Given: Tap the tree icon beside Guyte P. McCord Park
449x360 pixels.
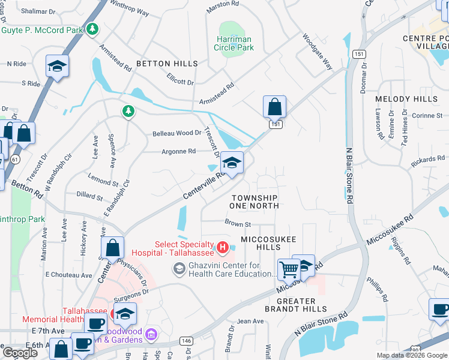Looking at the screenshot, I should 92,28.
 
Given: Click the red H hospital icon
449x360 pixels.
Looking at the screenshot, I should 223,247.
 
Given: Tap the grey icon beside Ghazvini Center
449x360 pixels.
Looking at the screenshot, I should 179,269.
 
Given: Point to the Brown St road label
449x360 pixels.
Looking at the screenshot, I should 237,224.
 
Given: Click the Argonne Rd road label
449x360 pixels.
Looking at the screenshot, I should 178,152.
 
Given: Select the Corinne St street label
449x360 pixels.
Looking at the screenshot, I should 427,115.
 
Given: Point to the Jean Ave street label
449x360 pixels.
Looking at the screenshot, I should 250,322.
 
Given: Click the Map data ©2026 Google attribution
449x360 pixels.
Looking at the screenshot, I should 412,355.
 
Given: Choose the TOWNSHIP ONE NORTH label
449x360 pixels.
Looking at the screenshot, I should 254,202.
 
